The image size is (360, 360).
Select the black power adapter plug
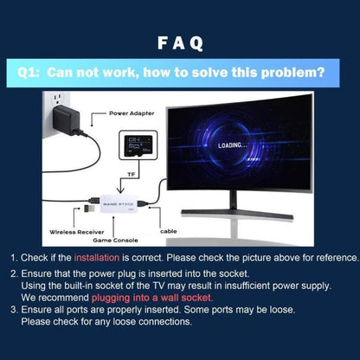(70, 119)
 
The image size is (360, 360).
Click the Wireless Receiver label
(77, 232)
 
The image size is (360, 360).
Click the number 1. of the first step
(15, 258)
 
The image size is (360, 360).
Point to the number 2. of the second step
(15, 273)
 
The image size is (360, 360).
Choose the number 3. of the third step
(15, 309)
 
